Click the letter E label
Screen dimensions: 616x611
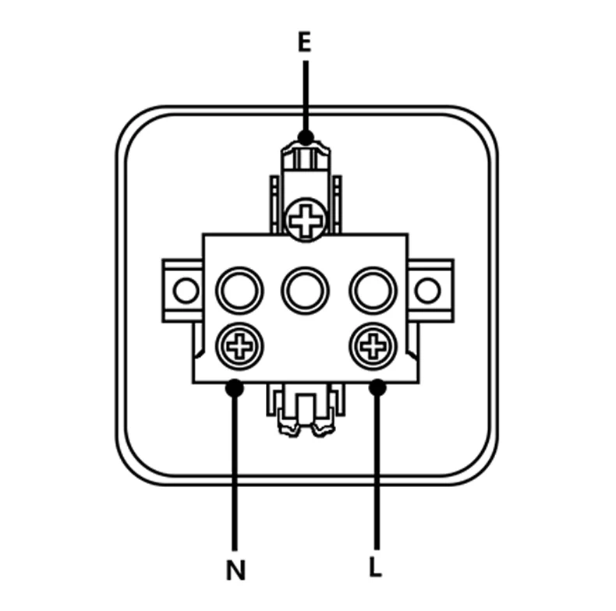point(304,43)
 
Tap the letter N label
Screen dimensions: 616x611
point(235,570)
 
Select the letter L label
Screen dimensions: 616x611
point(376,567)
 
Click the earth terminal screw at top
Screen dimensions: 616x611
point(306,220)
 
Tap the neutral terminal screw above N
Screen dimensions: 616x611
point(235,343)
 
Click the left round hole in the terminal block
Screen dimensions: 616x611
point(239,291)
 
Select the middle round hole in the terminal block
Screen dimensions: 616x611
point(306,291)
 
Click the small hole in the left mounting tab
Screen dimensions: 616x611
point(186,291)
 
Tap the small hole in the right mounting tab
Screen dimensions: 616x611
point(427,291)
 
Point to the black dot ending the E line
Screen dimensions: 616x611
point(306,137)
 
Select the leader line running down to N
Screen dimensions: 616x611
point(235,468)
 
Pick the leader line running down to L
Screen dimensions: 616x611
point(377,468)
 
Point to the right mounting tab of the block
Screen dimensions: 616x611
point(430,291)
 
